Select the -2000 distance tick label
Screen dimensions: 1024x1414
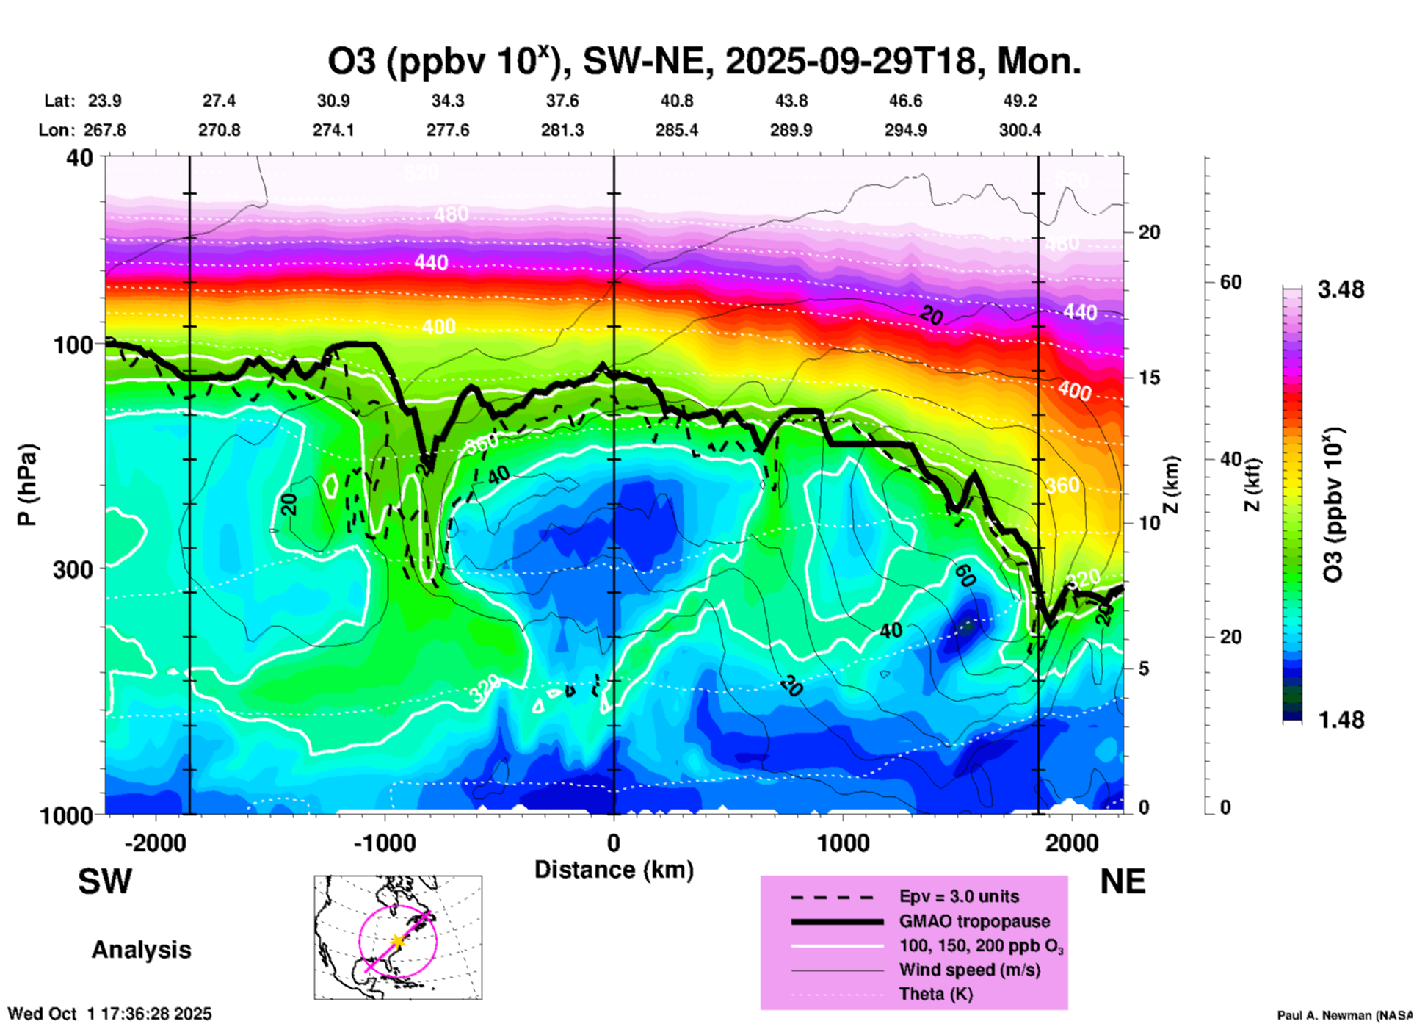[156, 843]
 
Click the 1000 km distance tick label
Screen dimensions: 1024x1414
[843, 843]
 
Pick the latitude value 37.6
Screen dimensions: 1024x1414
[562, 101]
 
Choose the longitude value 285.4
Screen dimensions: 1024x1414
[676, 130]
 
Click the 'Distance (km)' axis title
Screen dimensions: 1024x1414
[614, 870]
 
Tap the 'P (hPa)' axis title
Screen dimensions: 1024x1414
[27, 485]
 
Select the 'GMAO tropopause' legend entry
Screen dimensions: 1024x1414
[974, 921]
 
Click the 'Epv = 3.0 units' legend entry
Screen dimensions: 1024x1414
[959, 896]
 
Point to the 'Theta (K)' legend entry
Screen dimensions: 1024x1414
[935, 994]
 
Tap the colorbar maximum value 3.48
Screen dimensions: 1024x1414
[1341, 289]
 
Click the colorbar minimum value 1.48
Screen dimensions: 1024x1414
[1341, 719]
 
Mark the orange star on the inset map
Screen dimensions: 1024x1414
[398, 940]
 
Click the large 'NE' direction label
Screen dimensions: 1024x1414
[1123, 881]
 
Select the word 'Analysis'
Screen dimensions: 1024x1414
[141, 950]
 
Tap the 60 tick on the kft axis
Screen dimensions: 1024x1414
[1230, 282]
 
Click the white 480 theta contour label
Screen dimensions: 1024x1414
[451, 214]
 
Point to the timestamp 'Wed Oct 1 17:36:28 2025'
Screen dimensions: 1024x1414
[109, 1014]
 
